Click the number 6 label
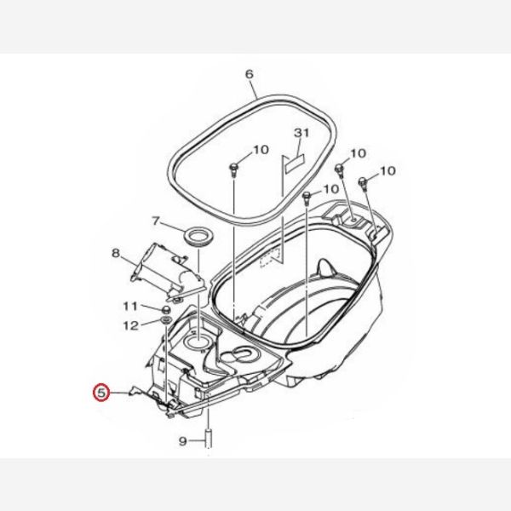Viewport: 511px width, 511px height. (x=249, y=74)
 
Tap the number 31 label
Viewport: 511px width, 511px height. (x=301, y=133)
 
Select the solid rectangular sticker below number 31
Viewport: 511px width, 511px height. (x=294, y=163)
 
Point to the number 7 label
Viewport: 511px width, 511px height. (x=156, y=221)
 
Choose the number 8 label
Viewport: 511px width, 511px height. (x=115, y=253)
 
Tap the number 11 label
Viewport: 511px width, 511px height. (x=130, y=307)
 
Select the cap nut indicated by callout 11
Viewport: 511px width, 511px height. (x=166, y=309)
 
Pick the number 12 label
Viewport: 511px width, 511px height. (x=131, y=325)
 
